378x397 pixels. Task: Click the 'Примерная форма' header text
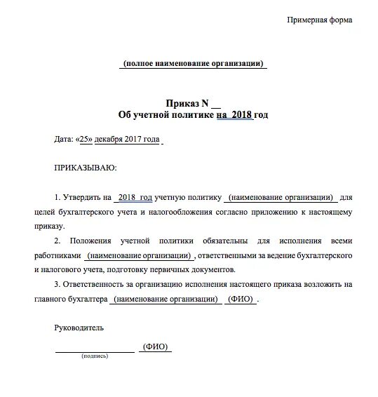point(320,19)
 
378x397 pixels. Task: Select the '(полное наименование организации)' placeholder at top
point(194,64)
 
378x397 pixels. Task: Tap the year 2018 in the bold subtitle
point(243,114)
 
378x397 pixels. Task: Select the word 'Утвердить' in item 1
point(83,198)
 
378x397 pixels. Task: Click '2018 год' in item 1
point(136,198)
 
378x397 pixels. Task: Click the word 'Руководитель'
point(79,328)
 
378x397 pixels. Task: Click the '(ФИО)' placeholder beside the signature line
point(154,347)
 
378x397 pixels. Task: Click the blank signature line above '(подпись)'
point(95,350)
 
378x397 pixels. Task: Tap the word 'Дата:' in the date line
point(63,140)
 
